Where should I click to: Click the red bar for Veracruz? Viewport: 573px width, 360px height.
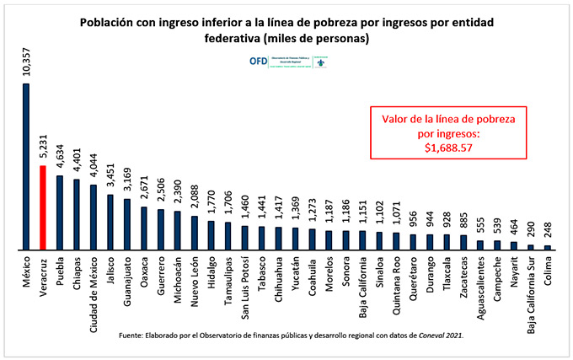click(x=42, y=207)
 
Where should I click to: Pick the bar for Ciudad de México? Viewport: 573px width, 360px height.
click(x=93, y=217)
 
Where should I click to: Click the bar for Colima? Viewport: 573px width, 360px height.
click(x=547, y=247)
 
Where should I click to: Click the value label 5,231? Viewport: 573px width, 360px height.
click(x=42, y=143)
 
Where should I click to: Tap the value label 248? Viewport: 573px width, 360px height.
click(x=547, y=230)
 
